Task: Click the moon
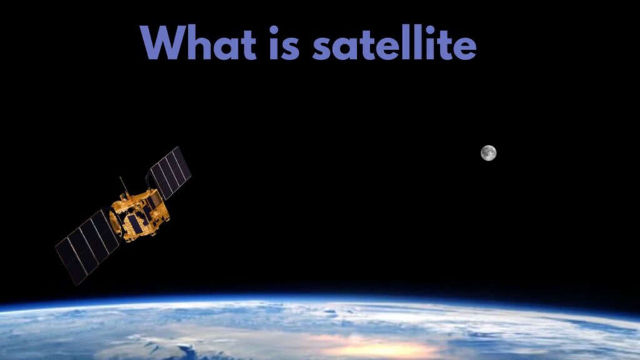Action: (x=489, y=152)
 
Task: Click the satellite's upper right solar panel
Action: (x=169, y=172)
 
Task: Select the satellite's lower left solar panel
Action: (x=87, y=246)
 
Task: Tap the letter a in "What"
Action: (x=228, y=47)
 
